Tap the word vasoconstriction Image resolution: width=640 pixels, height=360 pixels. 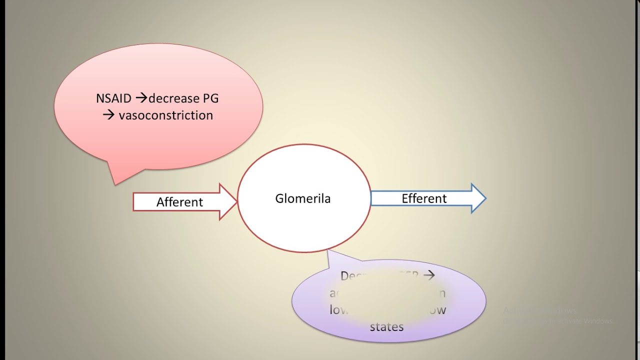(166, 115)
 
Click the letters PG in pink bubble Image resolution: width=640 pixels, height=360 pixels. (210, 98)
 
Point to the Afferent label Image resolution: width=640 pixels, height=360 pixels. (179, 202)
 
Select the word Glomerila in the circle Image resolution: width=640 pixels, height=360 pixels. (303, 198)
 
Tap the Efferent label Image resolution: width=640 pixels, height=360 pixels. (424, 198)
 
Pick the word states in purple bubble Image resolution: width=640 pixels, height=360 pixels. (386, 327)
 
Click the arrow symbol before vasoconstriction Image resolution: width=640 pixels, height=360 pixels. (109, 115)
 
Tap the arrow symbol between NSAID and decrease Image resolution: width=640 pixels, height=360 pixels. (141, 98)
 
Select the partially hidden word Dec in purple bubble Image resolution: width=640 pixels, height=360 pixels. (350, 275)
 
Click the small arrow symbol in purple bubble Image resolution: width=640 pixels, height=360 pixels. (428, 275)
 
